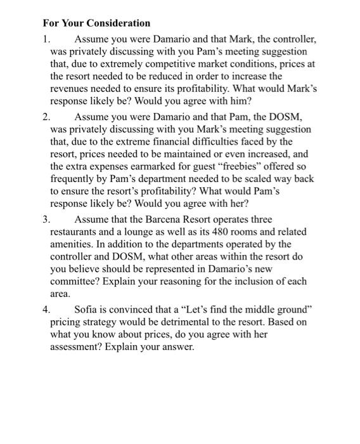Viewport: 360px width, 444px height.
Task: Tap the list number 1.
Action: coord(46,39)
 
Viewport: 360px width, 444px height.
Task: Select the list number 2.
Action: coord(46,117)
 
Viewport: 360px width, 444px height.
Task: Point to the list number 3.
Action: coord(46,220)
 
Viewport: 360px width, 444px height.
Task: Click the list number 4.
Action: coord(46,310)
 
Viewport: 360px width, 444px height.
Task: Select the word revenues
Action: coord(70,88)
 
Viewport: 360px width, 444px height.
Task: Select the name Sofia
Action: coord(87,310)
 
